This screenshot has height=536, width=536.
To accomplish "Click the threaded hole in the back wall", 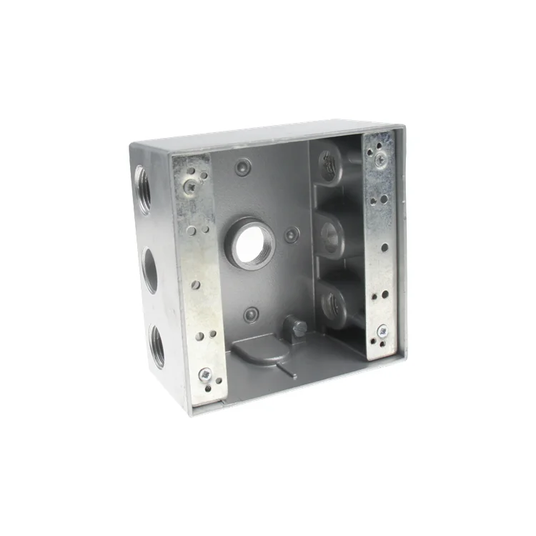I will (x=251, y=243).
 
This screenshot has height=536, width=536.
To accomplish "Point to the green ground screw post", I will (x=297, y=327).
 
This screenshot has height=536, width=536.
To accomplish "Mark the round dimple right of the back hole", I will (x=292, y=234).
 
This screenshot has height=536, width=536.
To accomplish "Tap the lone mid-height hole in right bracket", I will (x=384, y=247).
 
